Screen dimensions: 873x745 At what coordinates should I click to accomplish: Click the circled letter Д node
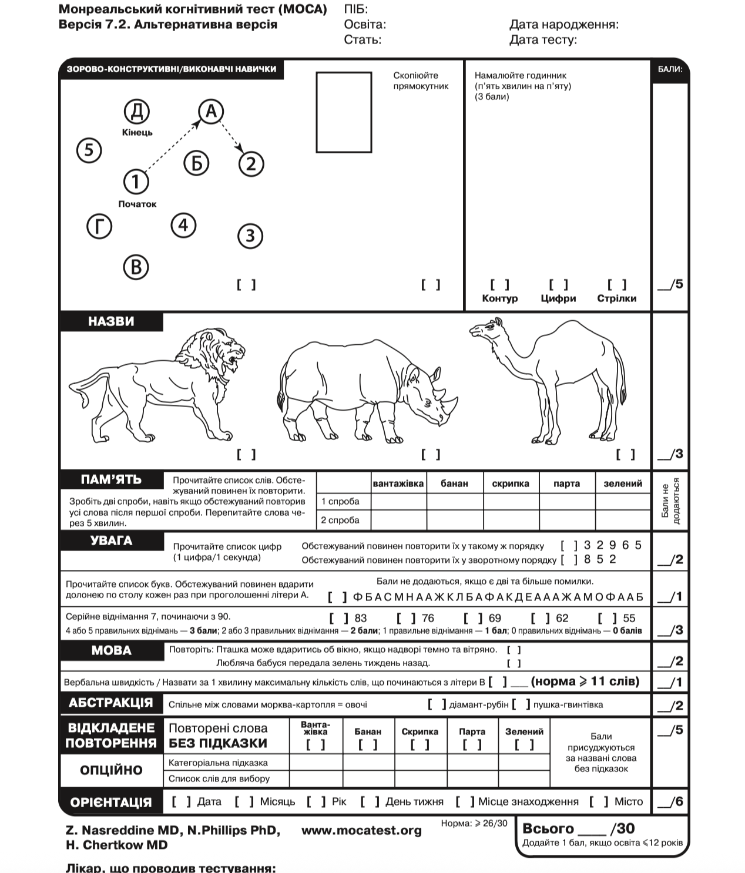coord(137,111)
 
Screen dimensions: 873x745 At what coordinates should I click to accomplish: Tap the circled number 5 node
coord(89,150)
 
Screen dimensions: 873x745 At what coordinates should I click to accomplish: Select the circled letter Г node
coord(99,226)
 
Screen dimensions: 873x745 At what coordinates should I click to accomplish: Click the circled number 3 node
coord(250,236)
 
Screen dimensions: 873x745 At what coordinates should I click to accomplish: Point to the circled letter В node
coord(136,267)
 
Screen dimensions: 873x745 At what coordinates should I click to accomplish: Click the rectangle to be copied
coord(344,112)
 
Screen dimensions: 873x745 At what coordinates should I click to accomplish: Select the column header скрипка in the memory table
coord(511,483)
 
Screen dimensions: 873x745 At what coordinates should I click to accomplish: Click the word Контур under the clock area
coord(499,298)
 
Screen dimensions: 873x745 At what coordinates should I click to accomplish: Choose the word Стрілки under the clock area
coord(616,298)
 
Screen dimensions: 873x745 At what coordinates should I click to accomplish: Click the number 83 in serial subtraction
coord(361,618)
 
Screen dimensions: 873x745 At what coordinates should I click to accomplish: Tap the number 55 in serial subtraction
coord(629,618)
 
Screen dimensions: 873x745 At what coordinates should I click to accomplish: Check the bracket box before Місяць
coord(244,802)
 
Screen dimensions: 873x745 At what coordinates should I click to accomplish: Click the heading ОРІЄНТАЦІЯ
coord(111,803)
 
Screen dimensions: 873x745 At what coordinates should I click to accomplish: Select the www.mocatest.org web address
coord(361,831)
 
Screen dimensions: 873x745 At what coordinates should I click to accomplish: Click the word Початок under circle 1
coord(137,204)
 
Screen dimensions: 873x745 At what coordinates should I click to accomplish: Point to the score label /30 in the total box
coord(622,829)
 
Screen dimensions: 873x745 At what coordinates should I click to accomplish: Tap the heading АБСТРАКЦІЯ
coord(111,703)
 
